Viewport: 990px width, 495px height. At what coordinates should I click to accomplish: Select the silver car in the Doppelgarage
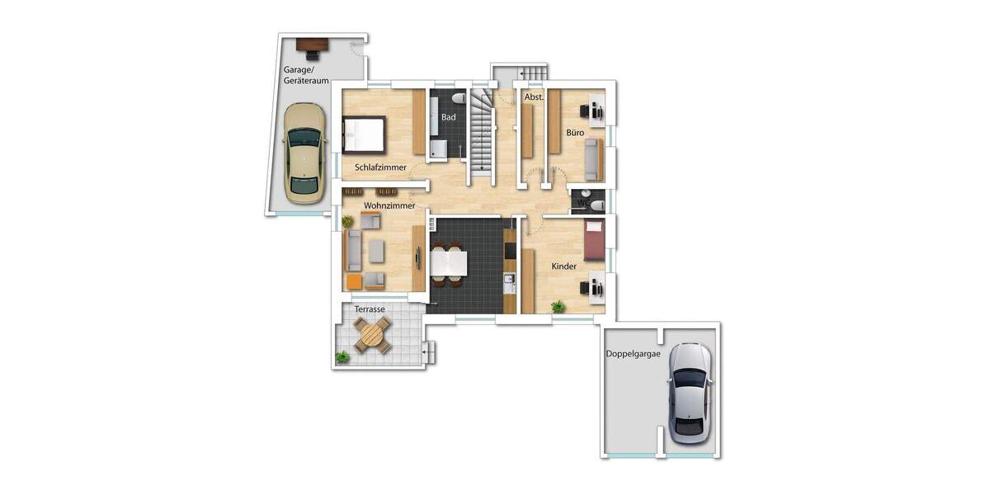tap(689, 393)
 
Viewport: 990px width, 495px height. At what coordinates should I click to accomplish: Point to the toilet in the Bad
tap(460, 99)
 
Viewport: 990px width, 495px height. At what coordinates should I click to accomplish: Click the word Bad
tap(448, 117)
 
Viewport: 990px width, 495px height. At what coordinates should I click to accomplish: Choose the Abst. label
tap(534, 97)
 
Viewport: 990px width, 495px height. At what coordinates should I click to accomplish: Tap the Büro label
tap(575, 132)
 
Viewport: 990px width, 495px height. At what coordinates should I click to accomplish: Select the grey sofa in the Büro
tap(592, 160)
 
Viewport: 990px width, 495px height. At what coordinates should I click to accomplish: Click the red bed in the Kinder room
tap(595, 239)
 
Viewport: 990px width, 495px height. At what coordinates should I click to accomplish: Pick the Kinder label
tap(564, 266)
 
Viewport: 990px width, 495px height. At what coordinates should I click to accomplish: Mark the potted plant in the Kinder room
tap(559, 307)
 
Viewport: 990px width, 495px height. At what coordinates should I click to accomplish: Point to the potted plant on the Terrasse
tap(342, 356)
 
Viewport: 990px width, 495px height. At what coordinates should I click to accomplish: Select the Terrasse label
tap(370, 309)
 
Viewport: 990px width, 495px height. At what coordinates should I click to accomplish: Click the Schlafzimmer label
tap(380, 167)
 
